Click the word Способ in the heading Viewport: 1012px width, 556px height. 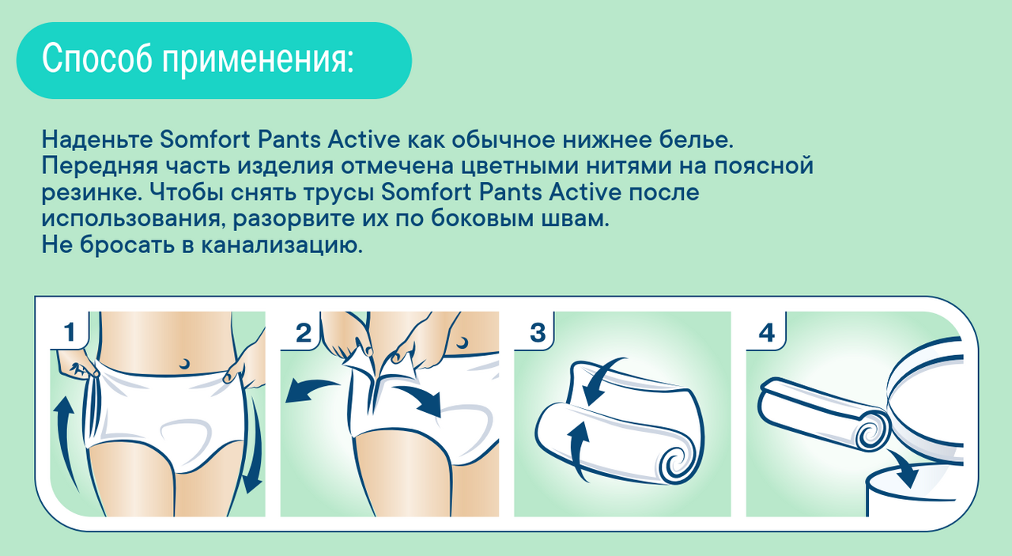click(97, 59)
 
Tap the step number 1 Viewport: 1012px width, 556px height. click(70, 332)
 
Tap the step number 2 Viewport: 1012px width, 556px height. click(303, 333)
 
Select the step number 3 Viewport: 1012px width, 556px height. click(538, 333)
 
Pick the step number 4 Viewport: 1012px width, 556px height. click(767, 333)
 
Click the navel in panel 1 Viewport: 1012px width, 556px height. click(184, 363)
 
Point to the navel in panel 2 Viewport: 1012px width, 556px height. click(463, 342)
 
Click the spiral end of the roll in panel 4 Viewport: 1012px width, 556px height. click(872, 432)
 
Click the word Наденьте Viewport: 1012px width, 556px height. click(97, 139)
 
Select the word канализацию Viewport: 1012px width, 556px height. click(281, 245)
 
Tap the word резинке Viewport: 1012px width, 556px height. click(92, 193)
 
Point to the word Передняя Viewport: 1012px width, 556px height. click(100, 166)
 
